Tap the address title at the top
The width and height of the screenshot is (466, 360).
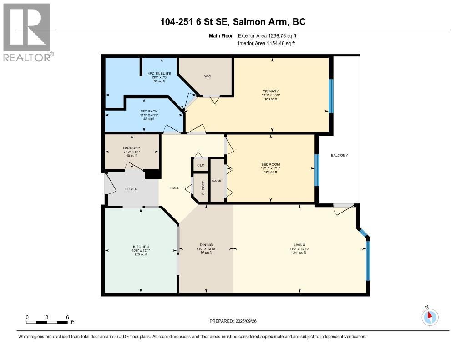(233, 21)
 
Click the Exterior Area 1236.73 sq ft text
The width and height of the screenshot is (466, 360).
(267, 35)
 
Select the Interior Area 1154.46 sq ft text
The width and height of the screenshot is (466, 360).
(267, 43)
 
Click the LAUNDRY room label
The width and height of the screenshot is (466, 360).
(132, 148)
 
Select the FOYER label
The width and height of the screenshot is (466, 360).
(131, 189)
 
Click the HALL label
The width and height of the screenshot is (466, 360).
(174, 188)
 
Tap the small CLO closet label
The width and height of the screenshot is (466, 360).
(200, 165)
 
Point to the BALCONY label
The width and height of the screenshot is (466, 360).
(339, 155)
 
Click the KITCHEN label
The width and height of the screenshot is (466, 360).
(141, 247)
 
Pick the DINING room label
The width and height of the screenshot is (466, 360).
(206, 244)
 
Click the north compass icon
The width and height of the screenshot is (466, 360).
(430, 317)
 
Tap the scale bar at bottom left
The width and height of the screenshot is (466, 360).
(47, 322)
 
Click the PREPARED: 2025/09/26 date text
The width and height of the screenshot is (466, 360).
(236, 321)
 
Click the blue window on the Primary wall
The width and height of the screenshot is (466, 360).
(331, 96)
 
